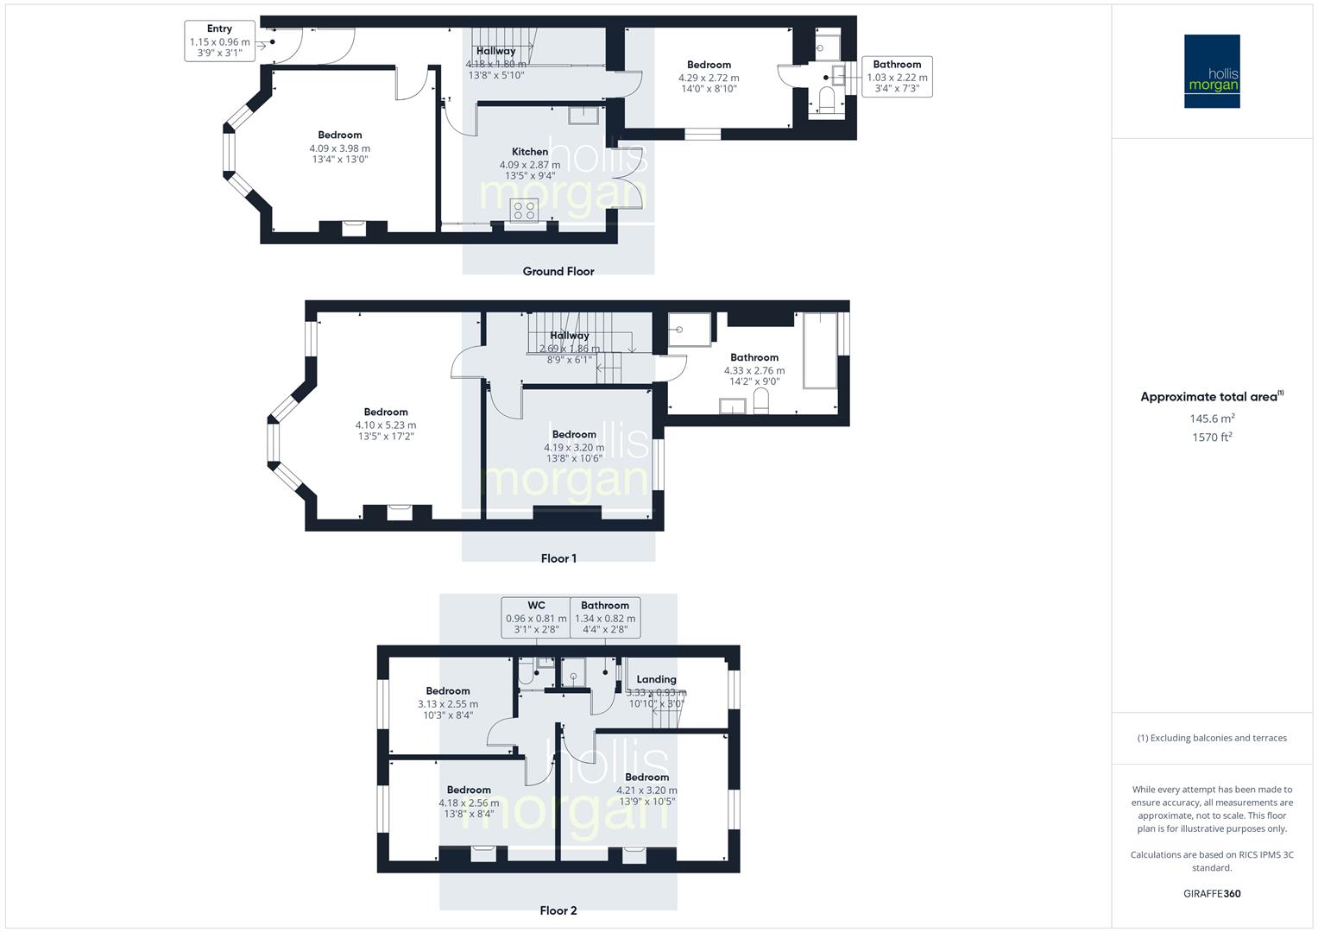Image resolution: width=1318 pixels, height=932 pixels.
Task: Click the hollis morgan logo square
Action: pos(1212,72)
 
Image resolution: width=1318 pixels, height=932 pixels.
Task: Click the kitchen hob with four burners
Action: pos(524,210)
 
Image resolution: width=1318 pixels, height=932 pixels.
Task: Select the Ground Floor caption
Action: pos(558,271)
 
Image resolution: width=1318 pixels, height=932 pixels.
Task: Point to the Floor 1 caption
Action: pos(558,558)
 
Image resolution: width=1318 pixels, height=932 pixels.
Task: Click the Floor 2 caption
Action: pos(558,910)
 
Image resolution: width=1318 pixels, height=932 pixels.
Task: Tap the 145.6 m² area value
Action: pos(1212,419)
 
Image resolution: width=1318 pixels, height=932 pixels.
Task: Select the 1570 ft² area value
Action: pos(1212,437)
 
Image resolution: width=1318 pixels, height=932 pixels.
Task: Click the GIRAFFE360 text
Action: pos(1212,893)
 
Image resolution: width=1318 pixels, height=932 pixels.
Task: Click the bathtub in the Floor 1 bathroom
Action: pos(820,351)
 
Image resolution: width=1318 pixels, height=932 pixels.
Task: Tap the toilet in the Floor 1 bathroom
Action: pos(761,401)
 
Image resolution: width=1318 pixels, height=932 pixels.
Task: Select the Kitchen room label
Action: pos(530,152)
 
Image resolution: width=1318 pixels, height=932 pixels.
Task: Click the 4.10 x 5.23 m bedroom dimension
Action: pos(386,425)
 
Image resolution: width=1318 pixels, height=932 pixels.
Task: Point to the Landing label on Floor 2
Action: pos(656,679)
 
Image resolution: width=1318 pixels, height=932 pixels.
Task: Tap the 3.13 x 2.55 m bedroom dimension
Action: pos(448,703)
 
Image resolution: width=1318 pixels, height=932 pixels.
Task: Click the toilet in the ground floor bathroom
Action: pos(826,101)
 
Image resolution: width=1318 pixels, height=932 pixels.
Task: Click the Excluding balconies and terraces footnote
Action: pos(1212,738)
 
